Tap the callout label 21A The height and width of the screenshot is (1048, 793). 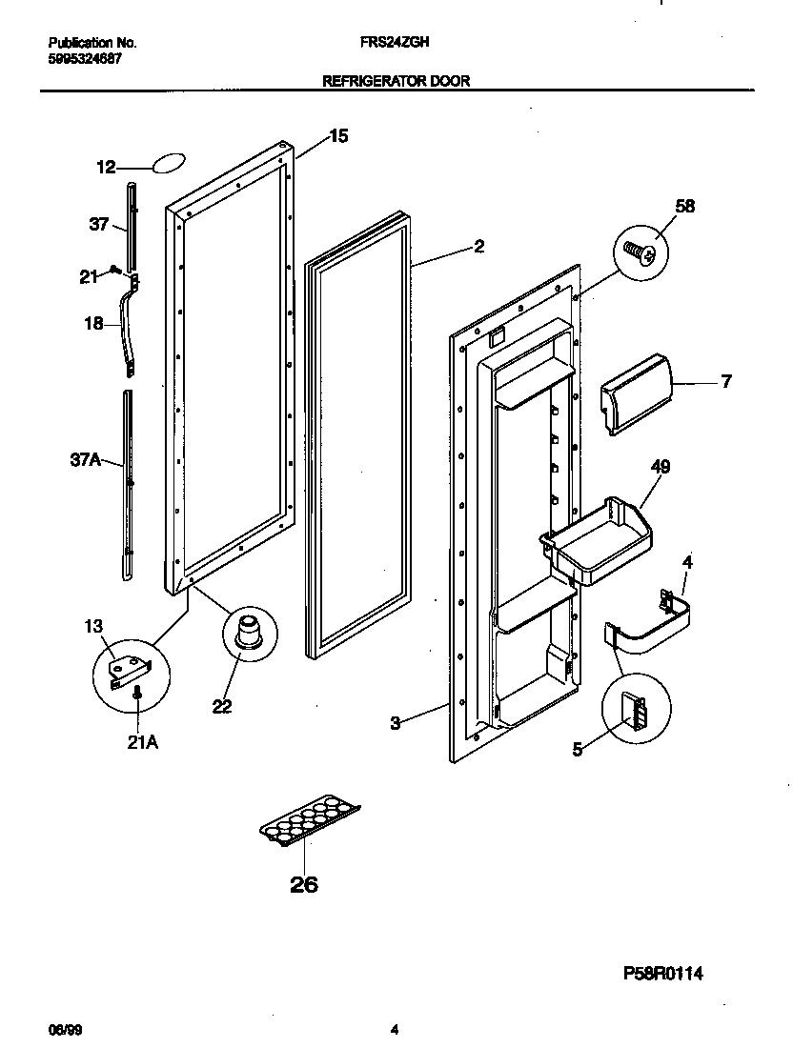pyautogui.click(x=142, y=742)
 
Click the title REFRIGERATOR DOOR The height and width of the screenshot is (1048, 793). pyautogui.click(x=396, y=82)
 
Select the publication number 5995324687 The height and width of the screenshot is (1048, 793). pyautogui.click(x=85, y=58)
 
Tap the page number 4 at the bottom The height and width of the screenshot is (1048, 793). pyautogui.click(x=395, y=1029)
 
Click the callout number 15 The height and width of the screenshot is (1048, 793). pyautogui.click(x=338, y=136)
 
